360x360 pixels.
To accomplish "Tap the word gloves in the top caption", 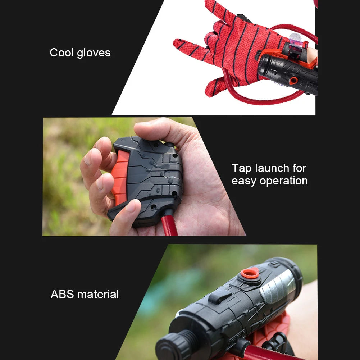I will (93, 53).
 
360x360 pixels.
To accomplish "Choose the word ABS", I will (63, 294).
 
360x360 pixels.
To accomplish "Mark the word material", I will (98, 294).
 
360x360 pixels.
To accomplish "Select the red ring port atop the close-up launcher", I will (250, 274).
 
